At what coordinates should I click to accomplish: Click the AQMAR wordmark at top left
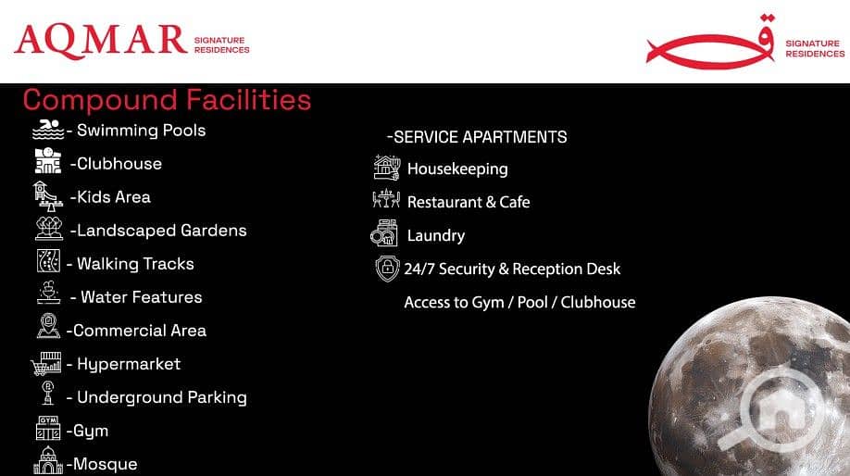(101, 41)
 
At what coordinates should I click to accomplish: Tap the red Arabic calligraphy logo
(710, 43)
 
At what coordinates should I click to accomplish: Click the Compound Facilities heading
(167, 100)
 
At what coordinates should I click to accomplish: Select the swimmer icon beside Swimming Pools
(48, 130)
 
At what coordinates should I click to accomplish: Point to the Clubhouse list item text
(116, 164)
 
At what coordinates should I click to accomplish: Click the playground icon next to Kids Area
(48, 196)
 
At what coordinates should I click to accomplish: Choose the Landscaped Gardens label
(158, 231)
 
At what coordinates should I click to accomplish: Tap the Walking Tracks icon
(48, 261)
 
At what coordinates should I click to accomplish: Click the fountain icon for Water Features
(49, 293)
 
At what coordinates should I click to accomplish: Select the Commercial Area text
(136, 331)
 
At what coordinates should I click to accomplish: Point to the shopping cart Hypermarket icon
(46, 363)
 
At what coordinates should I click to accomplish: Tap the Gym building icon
(48, 428)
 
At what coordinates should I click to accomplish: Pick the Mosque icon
(48, 460)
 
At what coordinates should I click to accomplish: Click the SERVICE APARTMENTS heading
(477, 137)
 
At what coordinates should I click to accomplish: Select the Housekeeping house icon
(387, 167)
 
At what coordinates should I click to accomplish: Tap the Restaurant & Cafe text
(469, 202)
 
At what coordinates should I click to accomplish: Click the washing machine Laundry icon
(384, 233)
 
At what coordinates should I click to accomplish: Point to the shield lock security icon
(388, 269)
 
